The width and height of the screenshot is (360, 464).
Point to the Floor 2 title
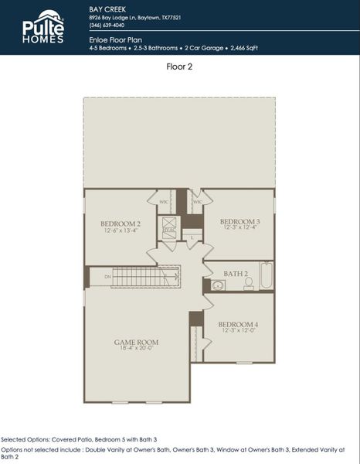coord(179,67)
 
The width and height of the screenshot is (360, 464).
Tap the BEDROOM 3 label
coord(239,220)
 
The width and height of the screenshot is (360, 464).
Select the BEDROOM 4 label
coord(238,324)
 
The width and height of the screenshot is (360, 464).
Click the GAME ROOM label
coord(136,341)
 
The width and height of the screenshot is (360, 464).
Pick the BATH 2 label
coord(236,274)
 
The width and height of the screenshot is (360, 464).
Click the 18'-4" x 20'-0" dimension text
coord(136,349)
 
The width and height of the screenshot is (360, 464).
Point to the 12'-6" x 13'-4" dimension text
coord(119,230)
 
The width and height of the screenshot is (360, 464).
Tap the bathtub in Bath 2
coord(267,276)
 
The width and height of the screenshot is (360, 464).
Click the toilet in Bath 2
coord(248,284)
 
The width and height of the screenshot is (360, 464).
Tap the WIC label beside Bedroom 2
coord(164,202)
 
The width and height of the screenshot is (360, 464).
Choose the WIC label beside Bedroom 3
coord(197,202)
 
